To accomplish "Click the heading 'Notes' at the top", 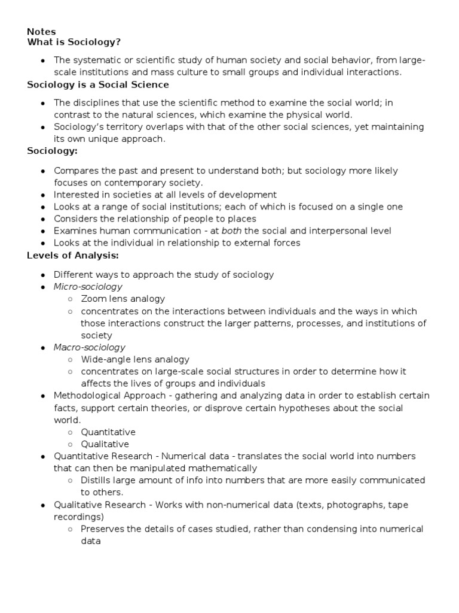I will tap(41, 32).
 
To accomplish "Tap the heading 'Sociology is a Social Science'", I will tap(98, 84).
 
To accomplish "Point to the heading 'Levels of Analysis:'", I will tap(73, 256).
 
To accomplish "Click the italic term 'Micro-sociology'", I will tap(88, 287).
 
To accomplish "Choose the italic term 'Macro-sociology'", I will tap(89, 347).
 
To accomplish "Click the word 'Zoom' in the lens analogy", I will tap(93, 299).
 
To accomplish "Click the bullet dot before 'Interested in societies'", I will tap(43, 195).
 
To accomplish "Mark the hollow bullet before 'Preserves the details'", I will tap(71, 529).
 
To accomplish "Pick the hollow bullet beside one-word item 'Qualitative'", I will tap(71, 444).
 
